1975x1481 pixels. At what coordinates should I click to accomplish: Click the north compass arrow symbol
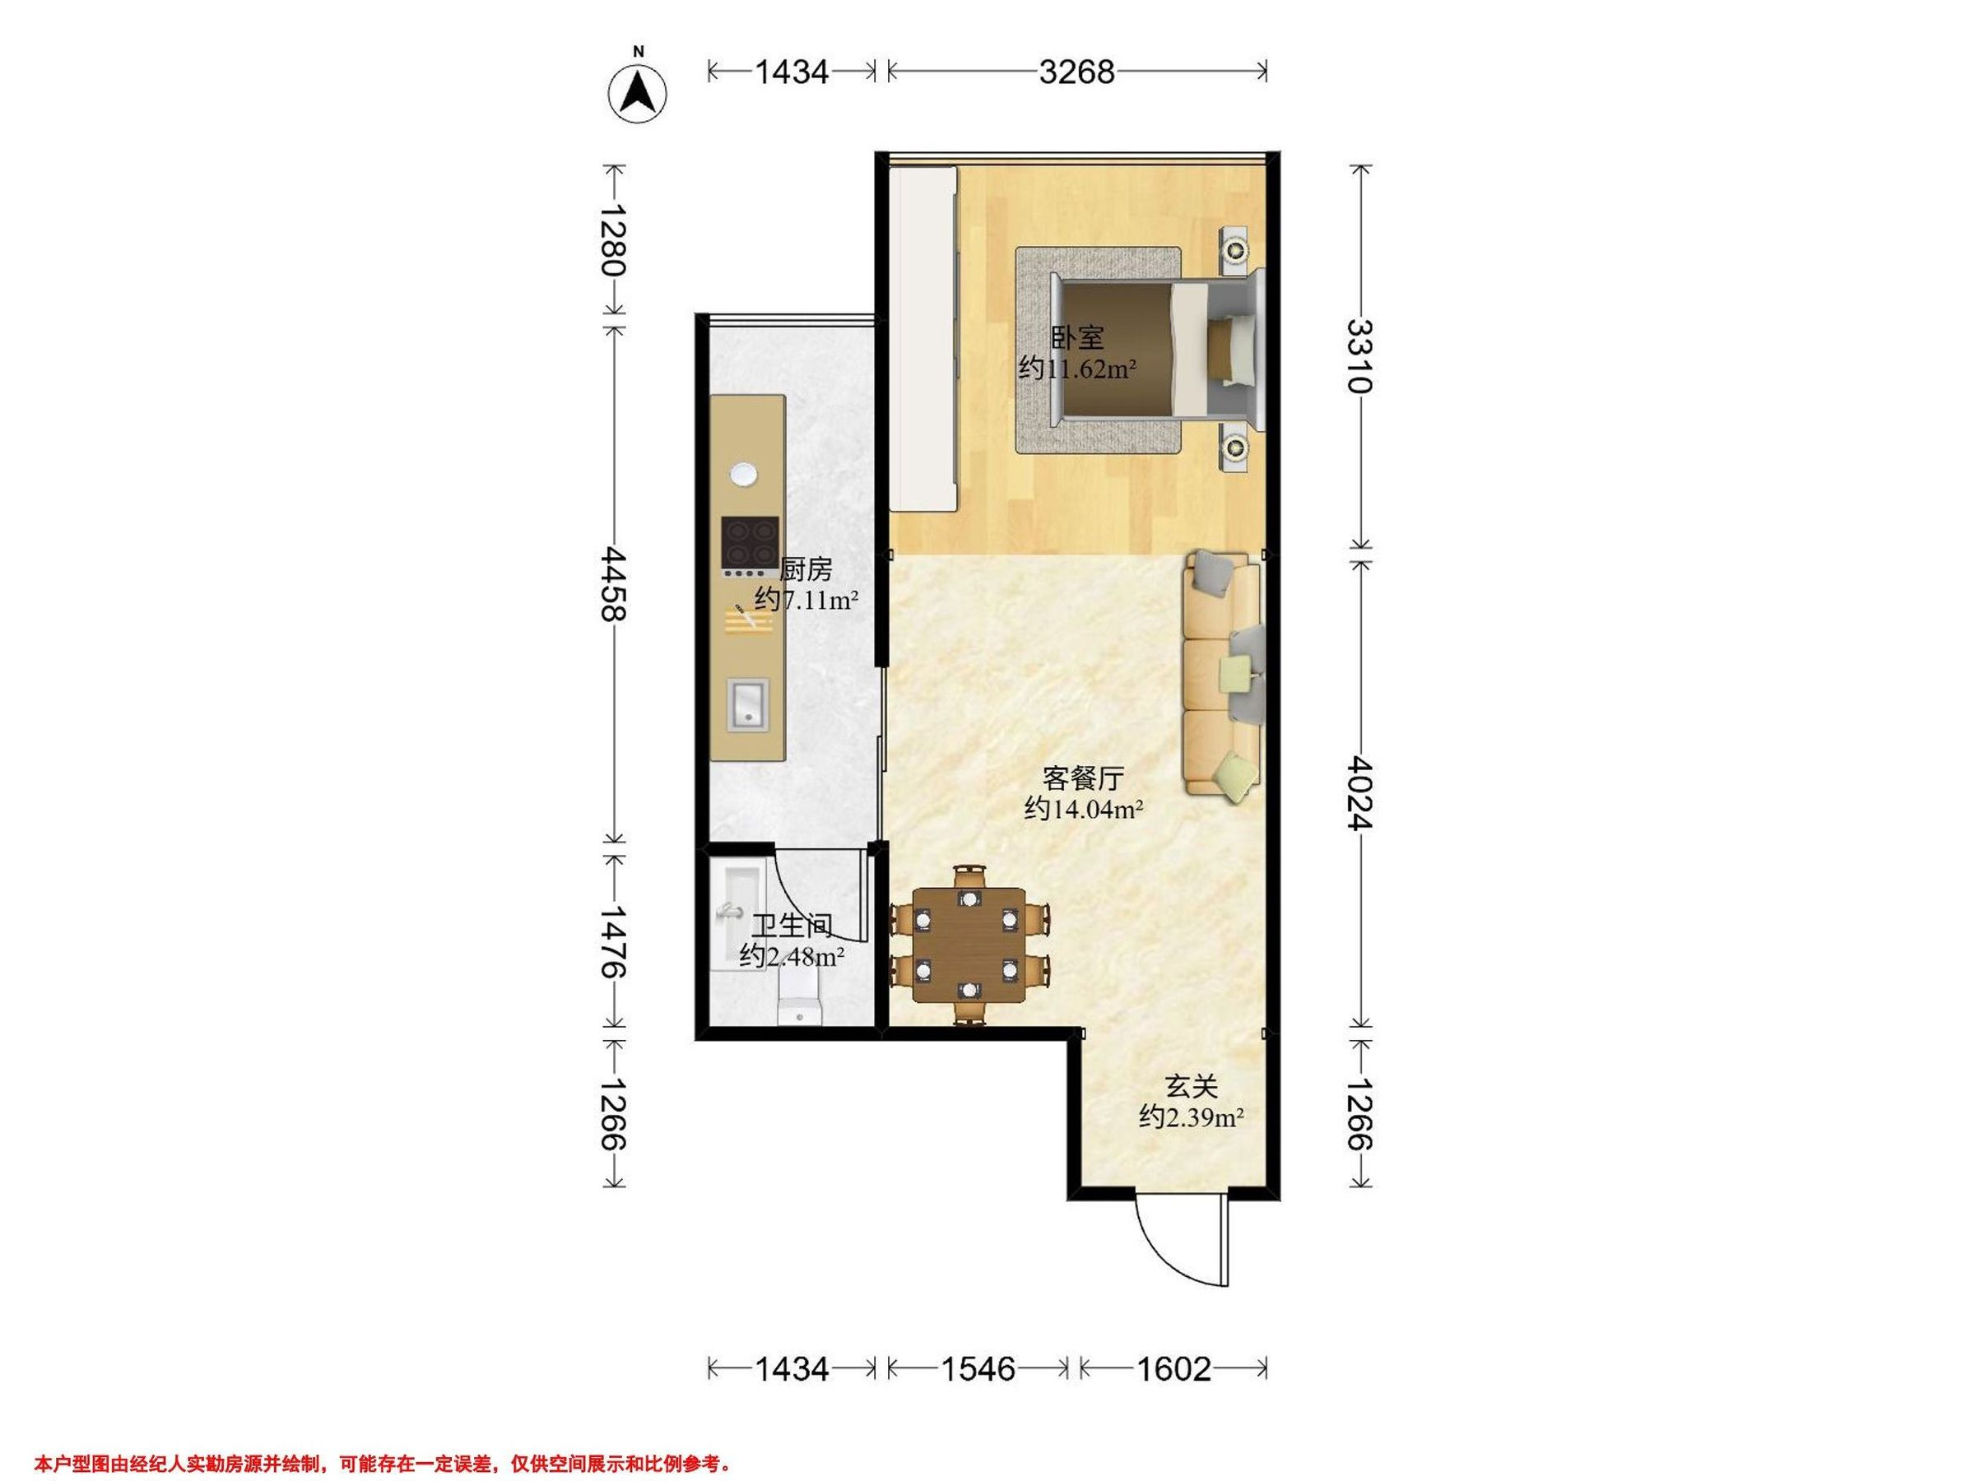pos(639,92)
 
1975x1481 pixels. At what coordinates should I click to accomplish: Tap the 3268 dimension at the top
pos(1076,72)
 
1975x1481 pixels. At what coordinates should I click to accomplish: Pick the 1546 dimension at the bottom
pos(978,1368)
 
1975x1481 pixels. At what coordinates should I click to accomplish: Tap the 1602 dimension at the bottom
pos(1173,1368)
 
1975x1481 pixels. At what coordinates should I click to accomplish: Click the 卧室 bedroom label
pos(1078,337)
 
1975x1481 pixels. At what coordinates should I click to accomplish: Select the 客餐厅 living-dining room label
pos(1083,778)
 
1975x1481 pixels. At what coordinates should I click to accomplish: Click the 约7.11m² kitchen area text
pos(806,599)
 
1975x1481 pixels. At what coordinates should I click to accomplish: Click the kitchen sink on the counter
pos(749,704)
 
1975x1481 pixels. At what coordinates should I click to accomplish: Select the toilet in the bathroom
pos(800,997)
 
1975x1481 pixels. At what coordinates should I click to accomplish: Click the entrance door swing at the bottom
pos(1183,1240)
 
